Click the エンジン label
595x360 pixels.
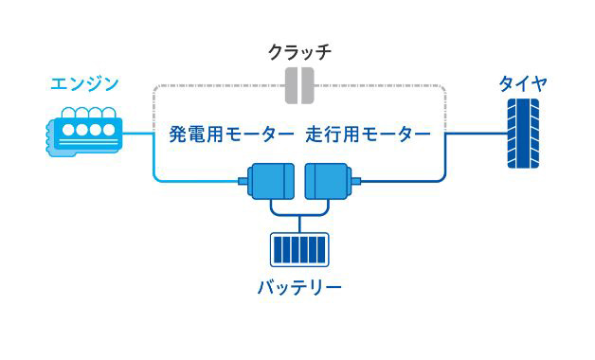(84, 83)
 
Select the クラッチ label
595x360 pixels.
(300, 50)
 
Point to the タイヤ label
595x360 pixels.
(522, 83)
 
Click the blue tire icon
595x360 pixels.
(522, 135)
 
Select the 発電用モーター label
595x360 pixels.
(231, 135)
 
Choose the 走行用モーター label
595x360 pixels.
(369, 135)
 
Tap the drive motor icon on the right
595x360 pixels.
(328, 180)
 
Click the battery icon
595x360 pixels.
(298, 250)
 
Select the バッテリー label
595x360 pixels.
(298, 286)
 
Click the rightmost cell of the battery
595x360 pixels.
(320, 250)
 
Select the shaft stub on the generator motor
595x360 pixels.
(243, 179)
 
